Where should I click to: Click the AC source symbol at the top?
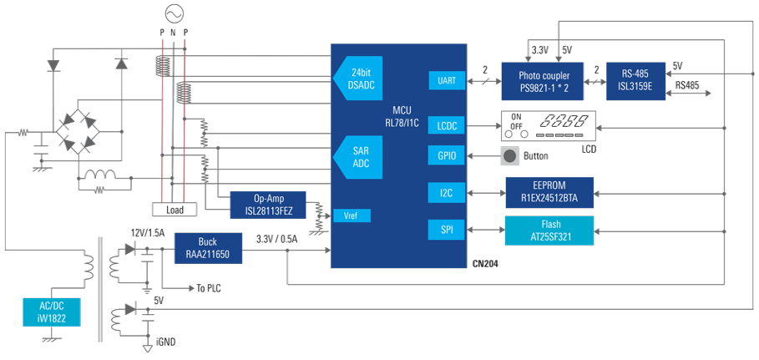[174, 13]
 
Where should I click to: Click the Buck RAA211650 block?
[208, 246]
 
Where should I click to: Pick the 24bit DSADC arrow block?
[359, 77]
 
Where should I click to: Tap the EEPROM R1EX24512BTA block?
[549, 192]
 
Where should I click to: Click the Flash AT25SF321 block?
[549, 230]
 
